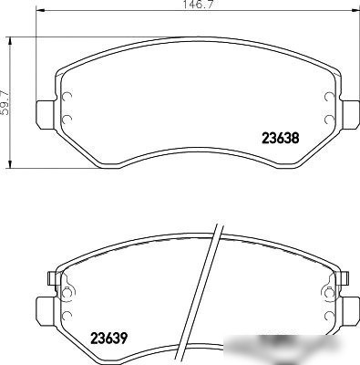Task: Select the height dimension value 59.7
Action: (5, 102)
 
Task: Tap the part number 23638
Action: (281, 138)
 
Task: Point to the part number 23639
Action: (108, 338)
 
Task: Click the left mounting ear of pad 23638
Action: (46, 115)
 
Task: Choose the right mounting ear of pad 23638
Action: (350, 115)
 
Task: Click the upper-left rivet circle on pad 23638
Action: (67, 97)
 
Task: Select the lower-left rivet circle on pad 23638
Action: (67, 120)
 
